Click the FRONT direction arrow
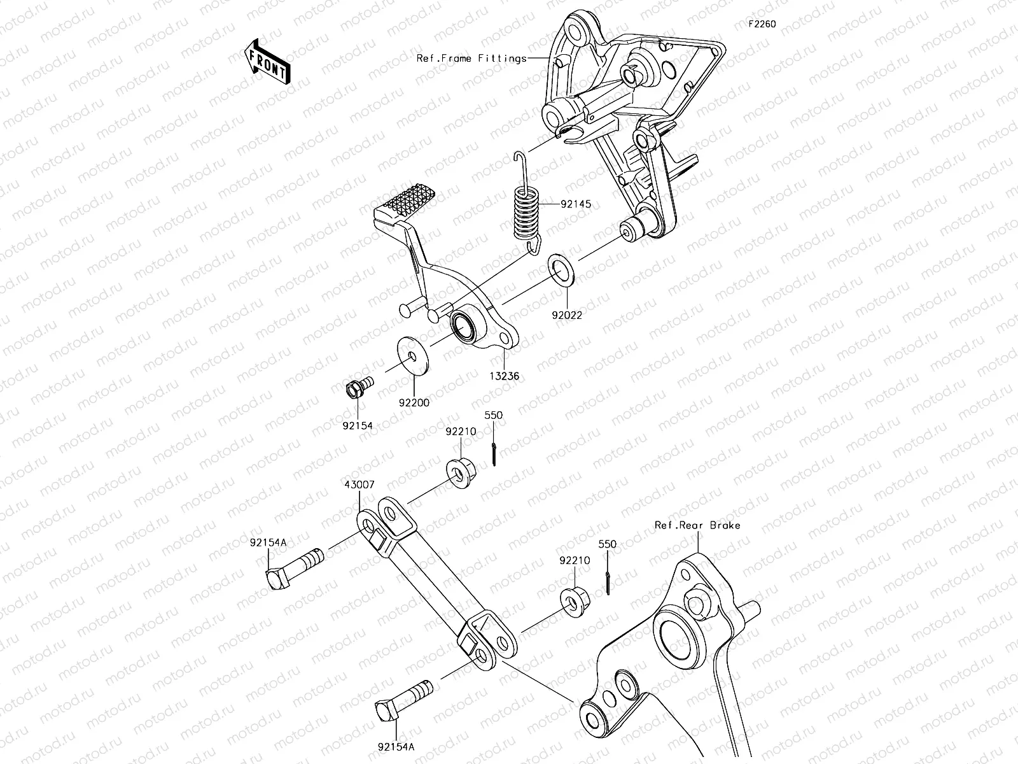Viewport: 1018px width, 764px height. tap(267, 61)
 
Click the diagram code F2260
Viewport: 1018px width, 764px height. tap(761, 24)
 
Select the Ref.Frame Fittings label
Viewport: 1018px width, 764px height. tap(471, 59)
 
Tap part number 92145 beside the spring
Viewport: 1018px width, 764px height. tap(575, 204)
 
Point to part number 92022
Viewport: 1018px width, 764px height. tap(566, 315)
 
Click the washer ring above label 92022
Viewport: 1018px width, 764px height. tap(562, 271)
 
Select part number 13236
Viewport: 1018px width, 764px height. tap(504, 376)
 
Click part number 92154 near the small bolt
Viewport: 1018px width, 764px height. tap(359, 425)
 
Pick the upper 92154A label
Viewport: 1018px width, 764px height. tap(268, 542)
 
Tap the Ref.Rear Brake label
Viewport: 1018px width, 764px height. tap(697, 525)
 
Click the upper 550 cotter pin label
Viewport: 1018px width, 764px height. tap(493, 415)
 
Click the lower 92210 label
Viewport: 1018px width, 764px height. tap(575, 561)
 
